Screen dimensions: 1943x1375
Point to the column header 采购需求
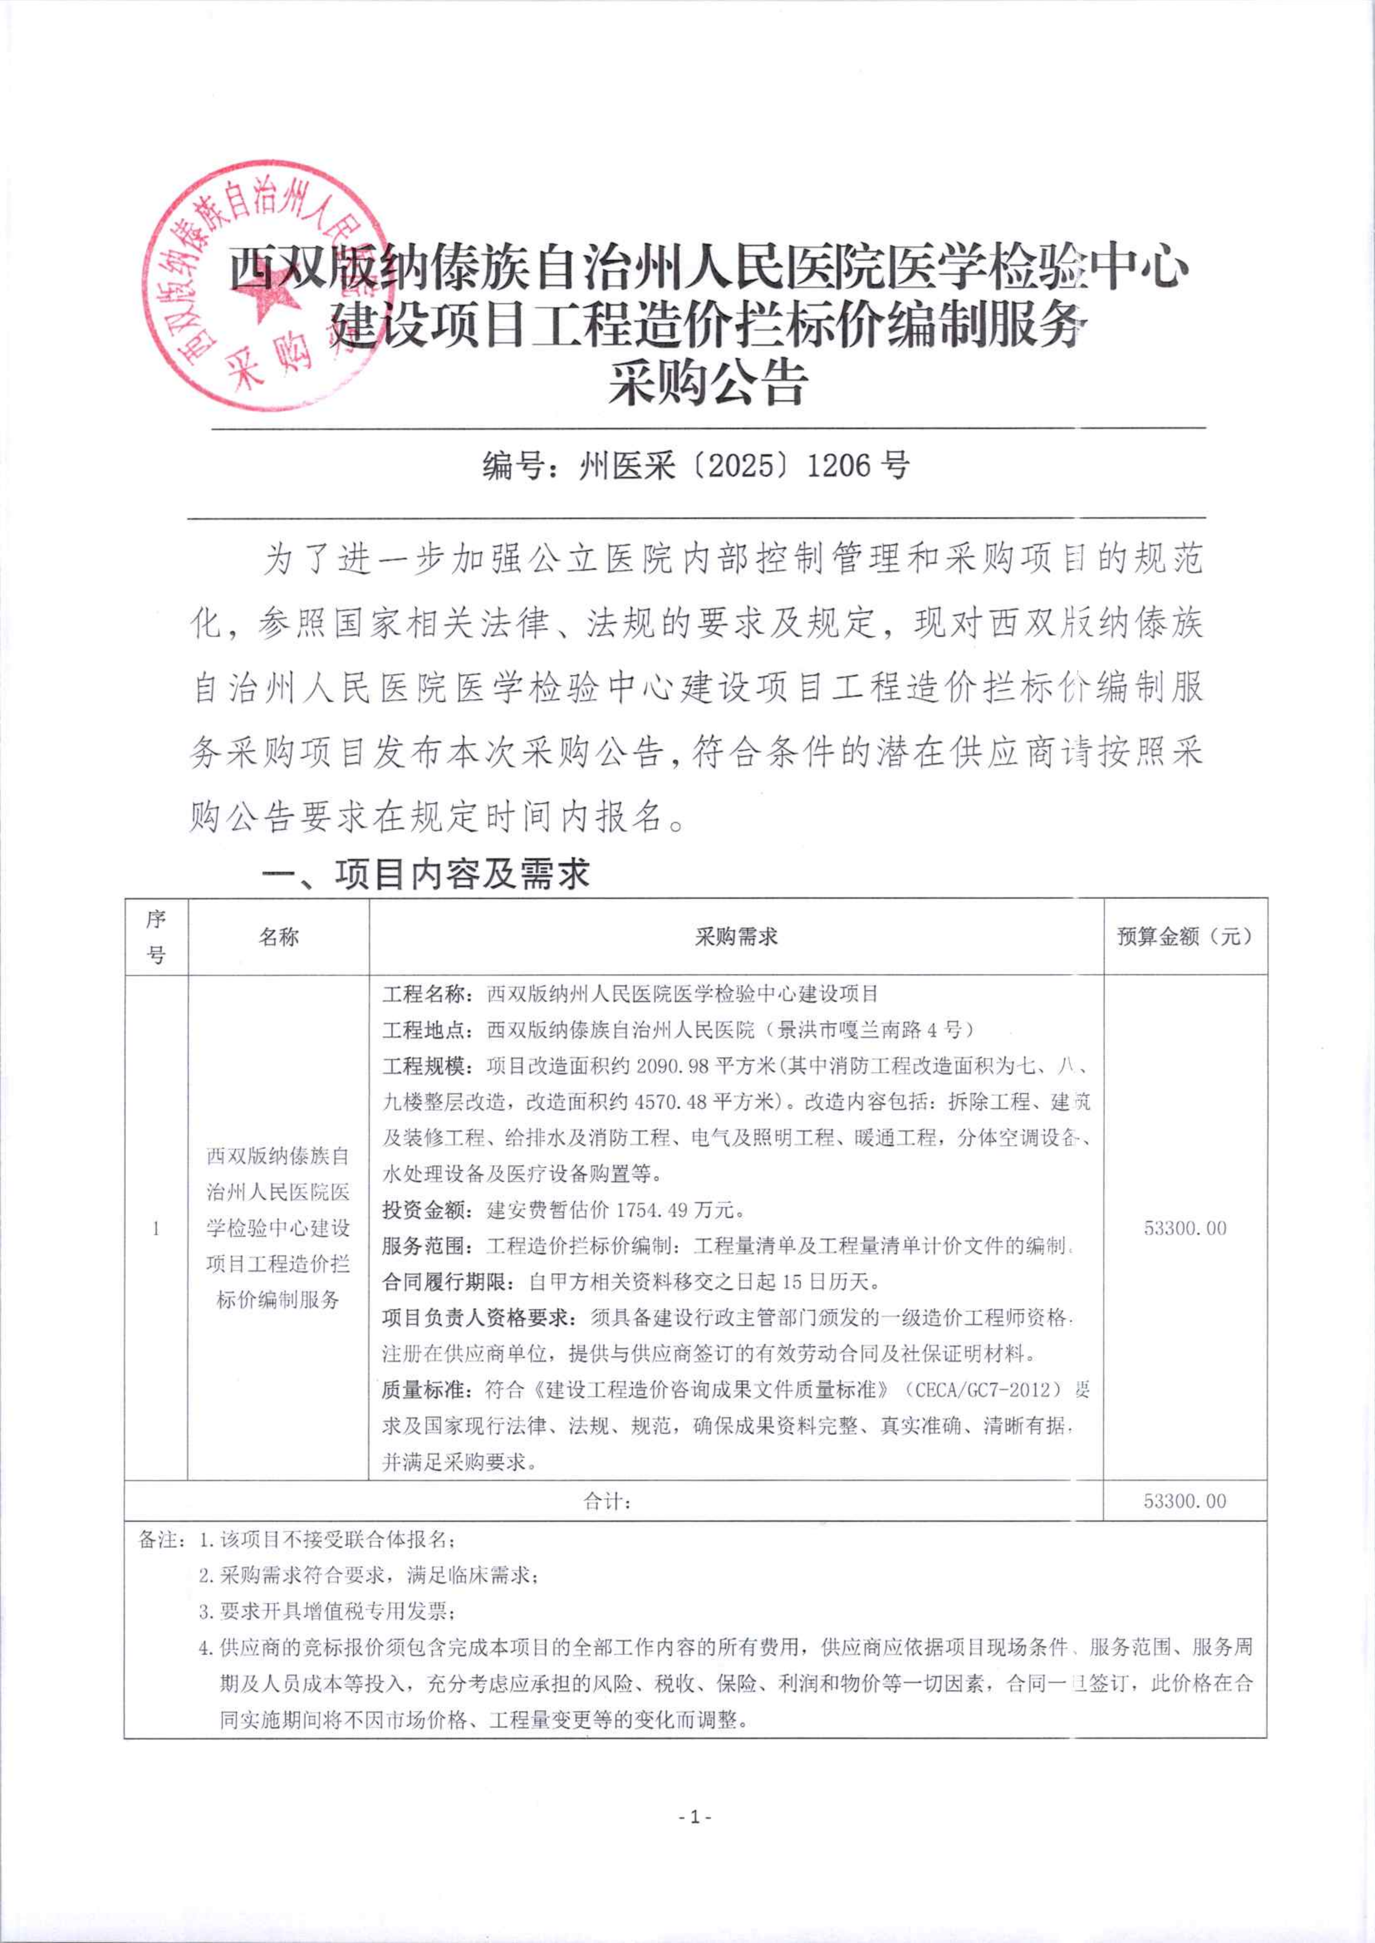pos(736,936)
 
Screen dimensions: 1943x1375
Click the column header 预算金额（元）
pos(1185,936)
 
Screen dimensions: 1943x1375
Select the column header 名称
pos(279,936)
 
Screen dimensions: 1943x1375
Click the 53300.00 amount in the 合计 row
pos(1185,1501)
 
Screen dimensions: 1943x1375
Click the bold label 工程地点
pos(421,1029)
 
